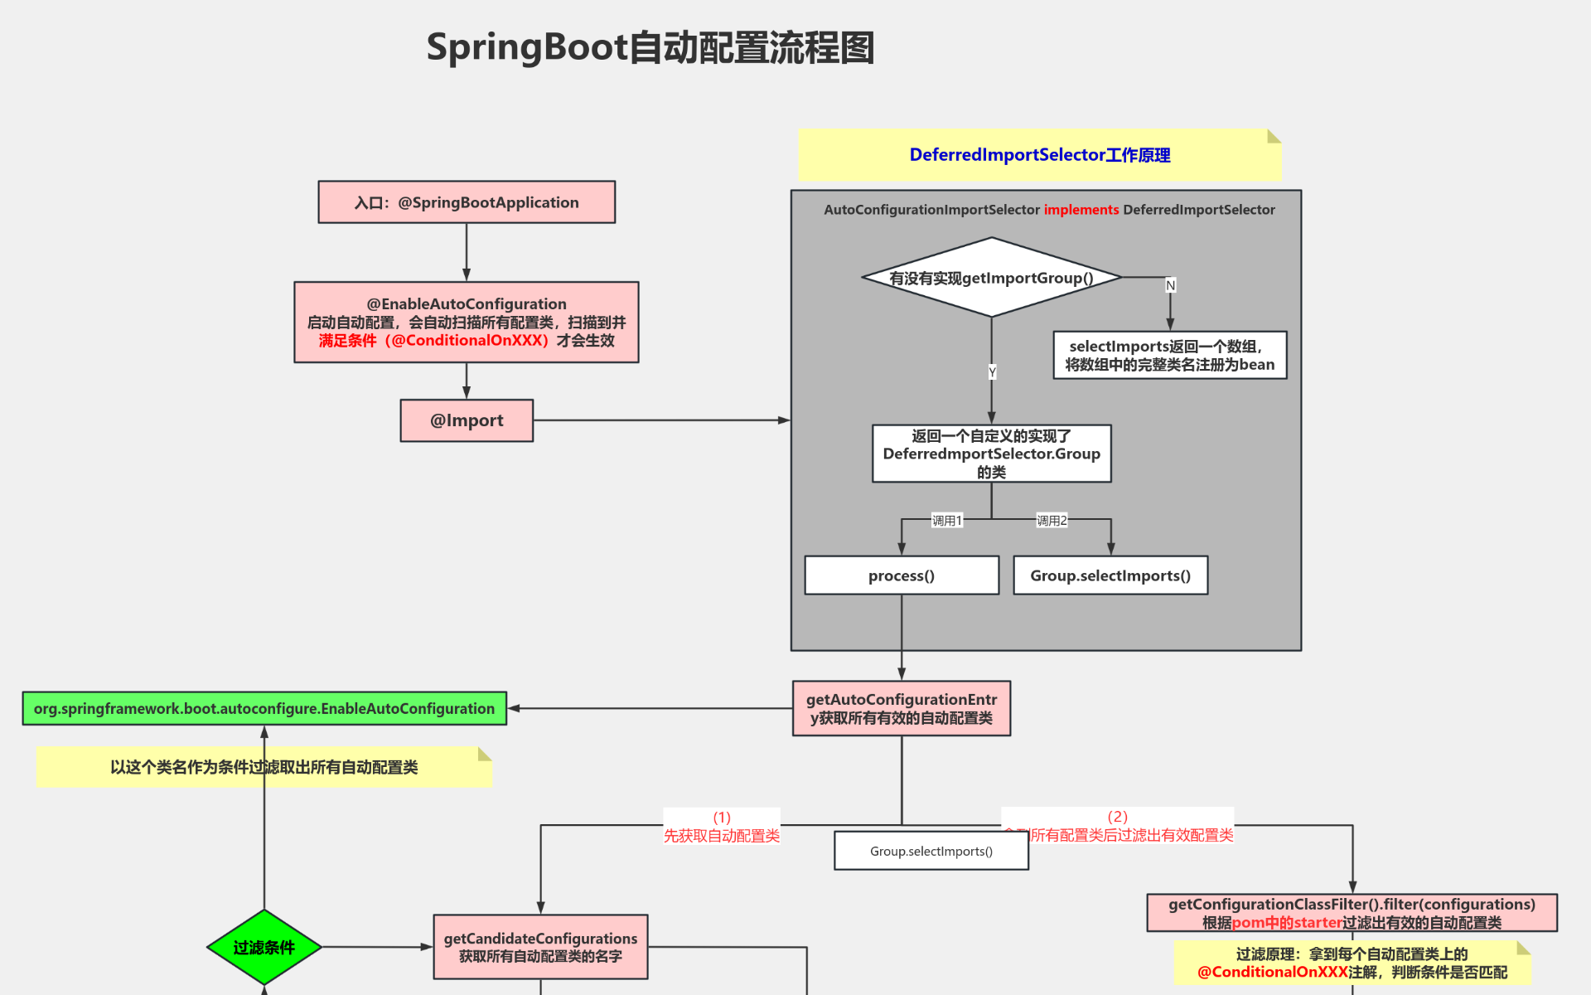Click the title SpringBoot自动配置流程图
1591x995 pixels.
pos(650,47)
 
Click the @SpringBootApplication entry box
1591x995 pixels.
pos(467,202)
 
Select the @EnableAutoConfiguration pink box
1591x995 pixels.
pos(467,322)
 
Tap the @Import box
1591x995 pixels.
pos(467,420)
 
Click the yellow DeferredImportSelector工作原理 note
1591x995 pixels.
pos(1039,155)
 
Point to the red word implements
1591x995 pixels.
pos(1081,210)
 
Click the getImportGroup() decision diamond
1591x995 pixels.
pos(991,278)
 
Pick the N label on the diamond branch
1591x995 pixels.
pos(1170,285)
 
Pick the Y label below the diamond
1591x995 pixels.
pos(992,372)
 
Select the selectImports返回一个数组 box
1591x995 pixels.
pos(1169,355)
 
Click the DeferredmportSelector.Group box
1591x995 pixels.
pos(991,454)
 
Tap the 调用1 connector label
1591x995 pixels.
pos(946,521)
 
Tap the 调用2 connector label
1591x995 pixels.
pos(1052,521)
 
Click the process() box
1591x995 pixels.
pos(902,575)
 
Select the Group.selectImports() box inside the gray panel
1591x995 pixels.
pos(1110,575)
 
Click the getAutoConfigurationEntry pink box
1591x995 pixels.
pos(902,708)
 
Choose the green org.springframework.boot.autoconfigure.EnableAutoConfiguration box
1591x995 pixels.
pos(264,708)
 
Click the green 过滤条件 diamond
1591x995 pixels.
pos(264,947)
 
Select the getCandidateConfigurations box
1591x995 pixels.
pos(540,947)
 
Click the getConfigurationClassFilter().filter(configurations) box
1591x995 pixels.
pos(1352,912)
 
